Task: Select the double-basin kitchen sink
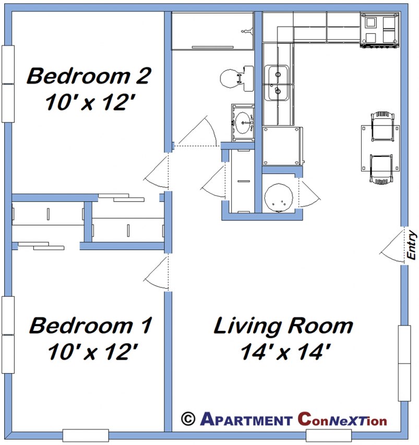(277, 83)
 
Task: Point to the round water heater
(277, 198)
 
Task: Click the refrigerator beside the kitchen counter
(282, 145)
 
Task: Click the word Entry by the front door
(412, 245)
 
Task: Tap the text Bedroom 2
(89, 76)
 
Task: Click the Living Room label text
(283, 327)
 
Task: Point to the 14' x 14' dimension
(285, 353)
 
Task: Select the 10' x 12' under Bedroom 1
(92, 353)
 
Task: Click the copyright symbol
(188, 418)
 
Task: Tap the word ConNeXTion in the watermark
(342, 419)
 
